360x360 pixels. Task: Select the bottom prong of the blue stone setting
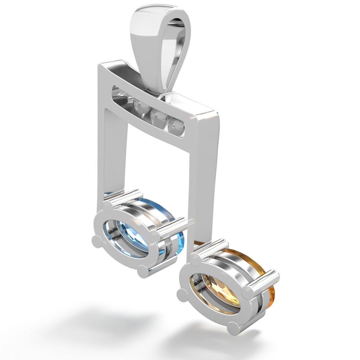coord(143,271)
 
